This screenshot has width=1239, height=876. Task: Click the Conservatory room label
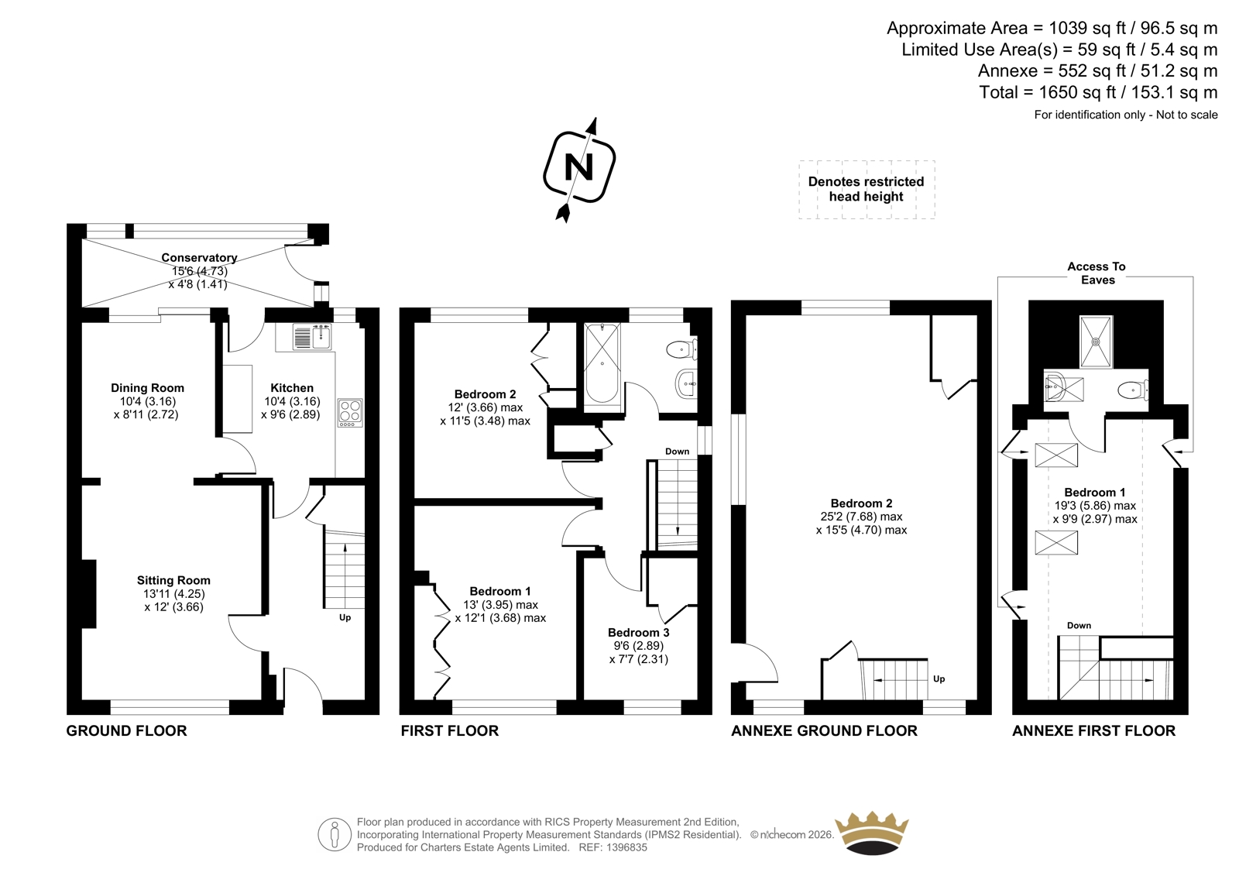click(199, 257)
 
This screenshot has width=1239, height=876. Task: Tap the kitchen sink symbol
click(313, 337)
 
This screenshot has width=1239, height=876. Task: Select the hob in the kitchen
click(350, 413)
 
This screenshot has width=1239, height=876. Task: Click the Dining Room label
click(147, 388)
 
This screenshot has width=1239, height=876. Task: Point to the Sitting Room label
click(173, 580)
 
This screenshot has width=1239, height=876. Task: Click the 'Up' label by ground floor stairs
click(345, 617)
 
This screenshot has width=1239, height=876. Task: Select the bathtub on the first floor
click(602, 363)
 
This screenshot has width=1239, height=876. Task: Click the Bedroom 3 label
click(638, 633)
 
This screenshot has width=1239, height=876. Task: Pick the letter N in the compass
click(579, 167)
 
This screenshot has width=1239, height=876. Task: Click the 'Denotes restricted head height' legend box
click(867, 190)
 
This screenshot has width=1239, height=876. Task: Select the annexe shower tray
click(1096, 342)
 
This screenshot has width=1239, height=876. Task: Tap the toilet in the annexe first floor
click(1133, 390)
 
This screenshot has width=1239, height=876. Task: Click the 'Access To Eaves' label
click(1097, 273)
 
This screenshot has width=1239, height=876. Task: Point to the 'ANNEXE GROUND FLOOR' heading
click(824, 731)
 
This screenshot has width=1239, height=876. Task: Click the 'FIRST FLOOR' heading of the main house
click(450, 731)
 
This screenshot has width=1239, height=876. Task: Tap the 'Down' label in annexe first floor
click(1079, 626)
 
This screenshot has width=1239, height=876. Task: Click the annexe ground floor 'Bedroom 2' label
click(861, 503)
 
